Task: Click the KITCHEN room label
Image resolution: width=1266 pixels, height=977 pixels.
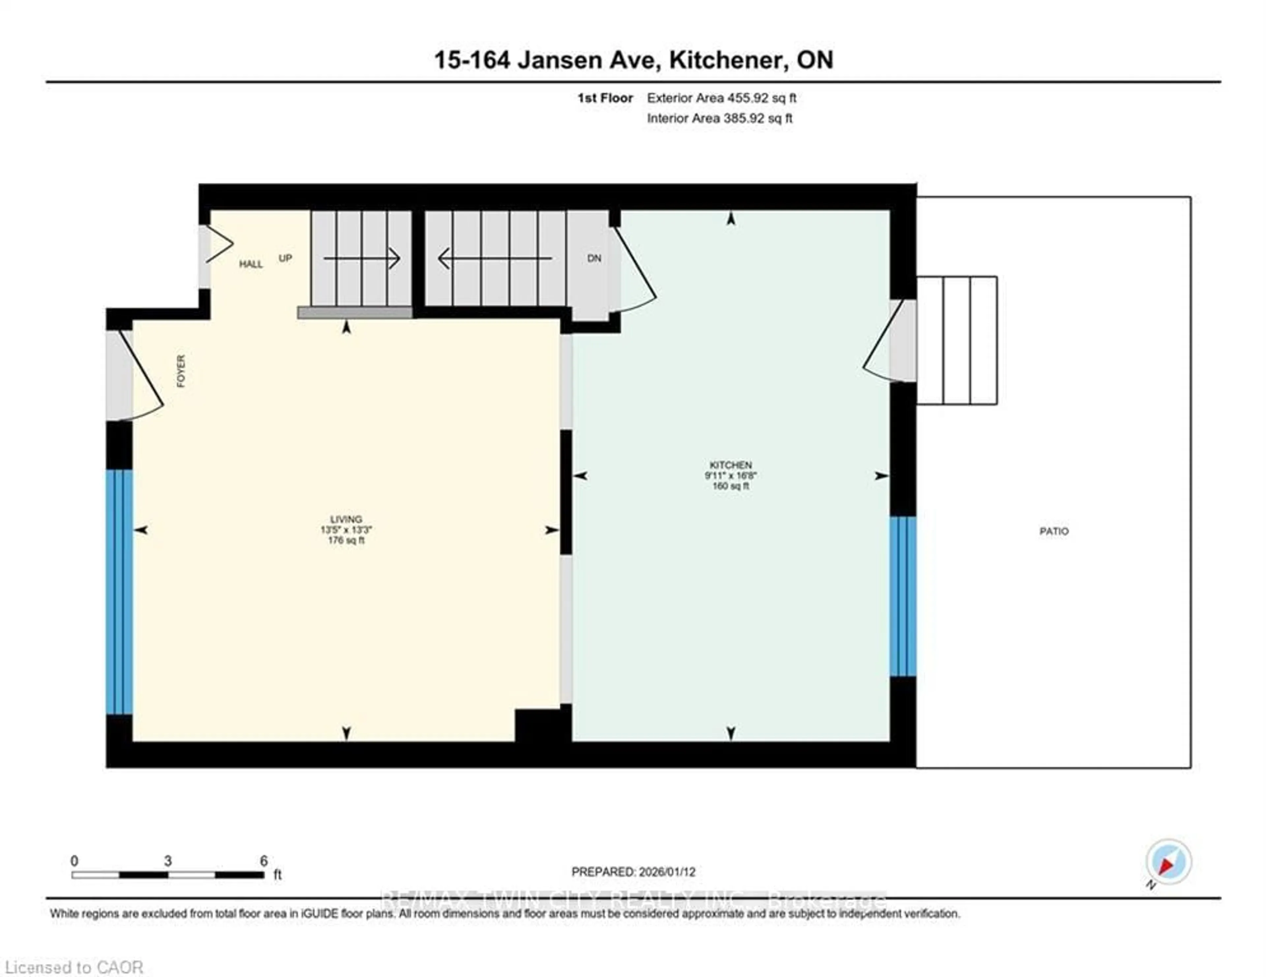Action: pyautogui.click(x=730, y=465)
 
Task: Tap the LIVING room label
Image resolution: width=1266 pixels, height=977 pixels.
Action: pyautogui.click(x=346, y=519)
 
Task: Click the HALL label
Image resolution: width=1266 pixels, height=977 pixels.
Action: pyautogui.click(x=251, y=264)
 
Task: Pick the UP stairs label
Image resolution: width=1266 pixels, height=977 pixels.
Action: pyautogui.click(x=285, y=258)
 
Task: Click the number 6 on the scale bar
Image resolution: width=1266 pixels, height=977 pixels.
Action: pyautogui.click(x=264, y=861)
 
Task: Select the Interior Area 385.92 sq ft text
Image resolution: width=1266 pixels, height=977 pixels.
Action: pyautogui.click(x=719, y=118)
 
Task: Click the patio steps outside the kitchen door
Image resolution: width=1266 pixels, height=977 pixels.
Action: pyautogui.click(x=956, y=340)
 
